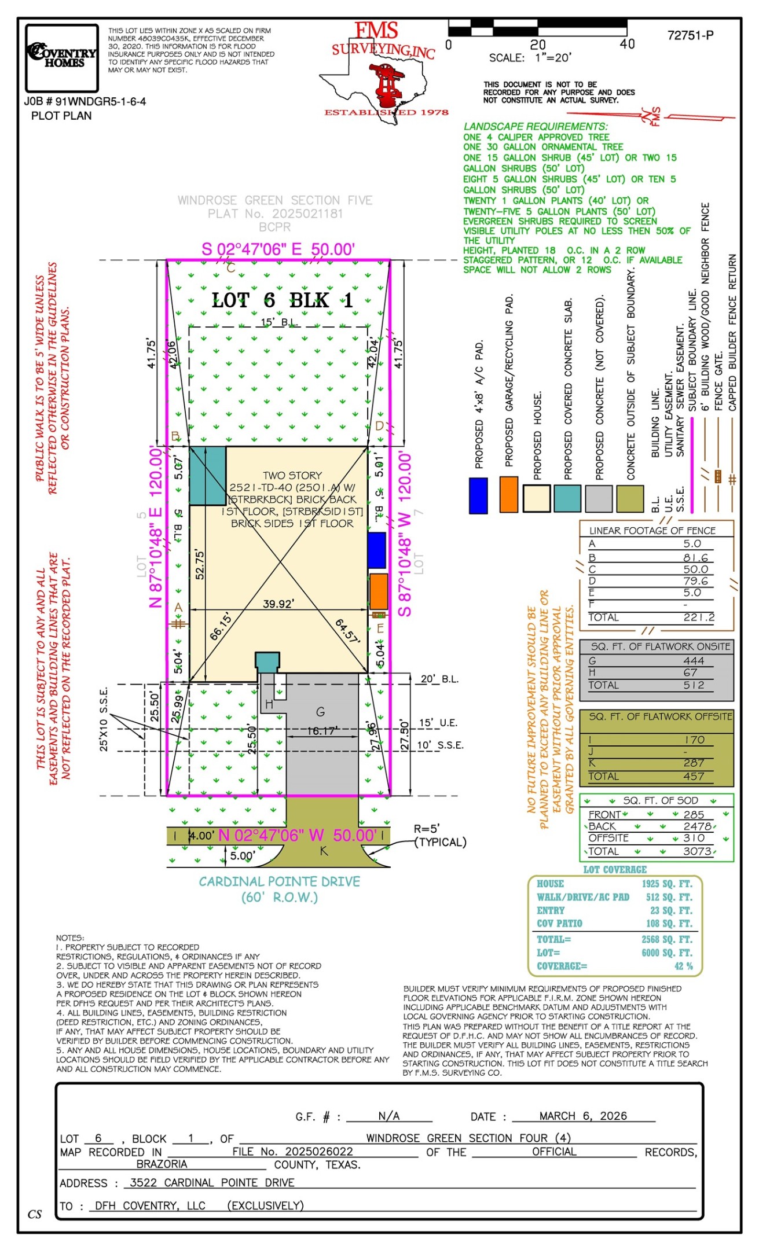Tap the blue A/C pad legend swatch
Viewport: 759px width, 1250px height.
point(478,495)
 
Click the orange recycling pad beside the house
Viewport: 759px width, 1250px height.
point(378,591)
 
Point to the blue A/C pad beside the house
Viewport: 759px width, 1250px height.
point(376,550)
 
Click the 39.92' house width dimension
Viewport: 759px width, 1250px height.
point(278,604)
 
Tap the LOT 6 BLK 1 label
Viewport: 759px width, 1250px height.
point(282,300)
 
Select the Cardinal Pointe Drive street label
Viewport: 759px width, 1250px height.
point(280,881)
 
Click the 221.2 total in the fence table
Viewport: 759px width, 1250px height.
point(698,617)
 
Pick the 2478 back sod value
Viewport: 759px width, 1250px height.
point(697,826)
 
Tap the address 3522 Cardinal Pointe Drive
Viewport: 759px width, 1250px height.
point(212,1182)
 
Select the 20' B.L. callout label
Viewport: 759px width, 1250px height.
point(439,679)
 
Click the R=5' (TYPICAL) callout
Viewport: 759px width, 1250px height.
point(439,836)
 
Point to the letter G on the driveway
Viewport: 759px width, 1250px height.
point(320,712)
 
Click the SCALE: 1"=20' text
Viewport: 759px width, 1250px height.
point(530,58)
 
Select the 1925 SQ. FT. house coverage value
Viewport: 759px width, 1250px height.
point(666,884)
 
